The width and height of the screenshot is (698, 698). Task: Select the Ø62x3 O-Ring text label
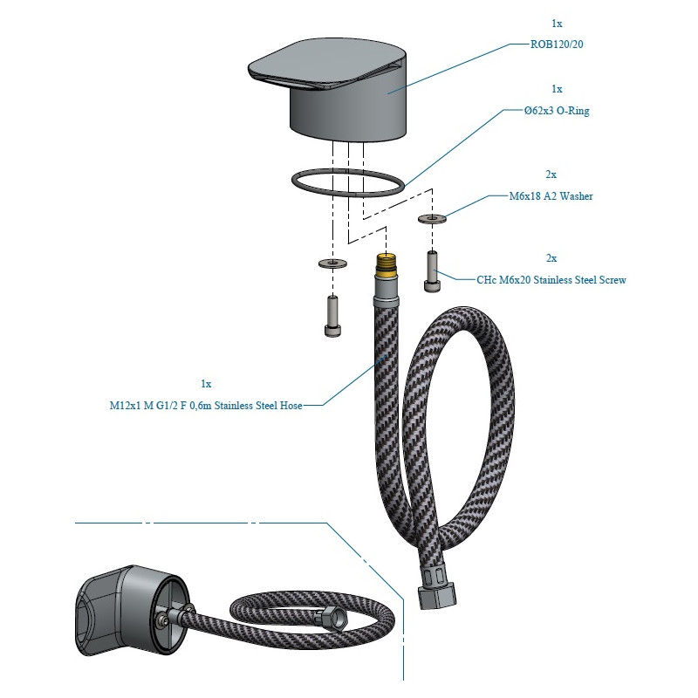click(557, 112)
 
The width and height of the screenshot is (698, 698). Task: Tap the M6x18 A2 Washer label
click(551, 196)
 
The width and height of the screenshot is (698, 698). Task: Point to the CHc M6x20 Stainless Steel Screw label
click(551, 280)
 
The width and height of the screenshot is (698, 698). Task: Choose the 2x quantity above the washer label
click(551, 174)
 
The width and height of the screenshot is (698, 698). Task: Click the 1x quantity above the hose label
click(206, 384)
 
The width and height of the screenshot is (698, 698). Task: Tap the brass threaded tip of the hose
click(386, 263)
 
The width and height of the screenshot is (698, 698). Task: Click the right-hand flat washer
click(432, 218)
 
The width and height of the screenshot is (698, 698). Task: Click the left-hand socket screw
click(332, 315)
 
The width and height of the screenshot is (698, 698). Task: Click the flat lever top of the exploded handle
click(323, 65)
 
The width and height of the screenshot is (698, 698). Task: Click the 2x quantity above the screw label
click(551, 258)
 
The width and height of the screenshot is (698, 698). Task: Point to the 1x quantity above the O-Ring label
click(557, 89)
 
